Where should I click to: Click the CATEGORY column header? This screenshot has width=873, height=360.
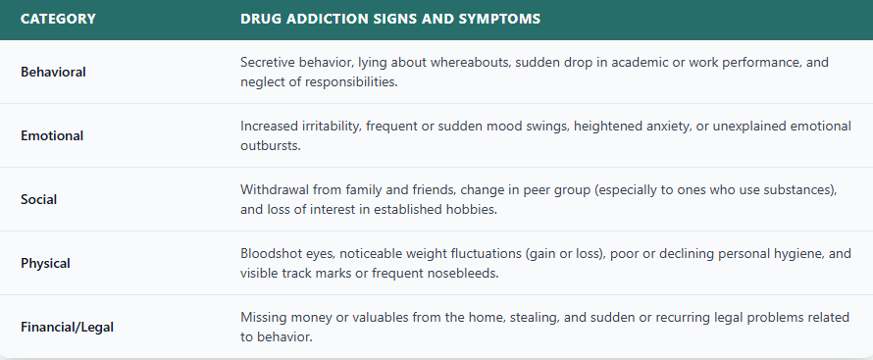point(58,19)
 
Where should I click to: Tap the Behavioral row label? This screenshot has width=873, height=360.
point(53,72)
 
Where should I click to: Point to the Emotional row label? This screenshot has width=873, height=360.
point(52,135)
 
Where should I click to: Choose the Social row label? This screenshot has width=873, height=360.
point(38,199)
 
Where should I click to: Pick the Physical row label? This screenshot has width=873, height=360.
point(47,263)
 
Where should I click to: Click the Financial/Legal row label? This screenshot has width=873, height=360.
point(67,327)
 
